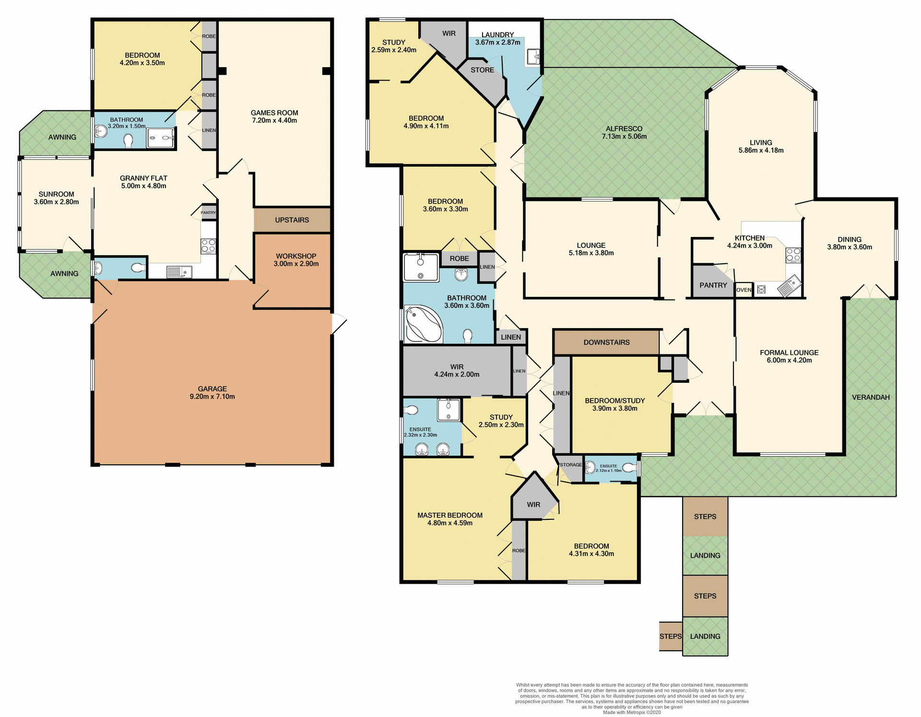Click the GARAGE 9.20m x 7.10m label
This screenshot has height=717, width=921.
[212, 392]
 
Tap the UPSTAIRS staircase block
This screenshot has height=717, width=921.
[292, 220]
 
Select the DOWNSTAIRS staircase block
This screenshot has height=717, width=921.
[606, 342]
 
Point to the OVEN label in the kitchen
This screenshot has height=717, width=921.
[744, 290]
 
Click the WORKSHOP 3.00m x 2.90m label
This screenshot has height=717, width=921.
[296, 259]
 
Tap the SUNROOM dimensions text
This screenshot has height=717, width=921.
[56, 202]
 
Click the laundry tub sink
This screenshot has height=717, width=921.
[533, 57]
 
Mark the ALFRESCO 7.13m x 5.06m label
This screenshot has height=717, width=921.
[624, 132]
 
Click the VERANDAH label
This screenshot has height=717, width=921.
[870, 397]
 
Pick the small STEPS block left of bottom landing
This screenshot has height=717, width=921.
[670, 636]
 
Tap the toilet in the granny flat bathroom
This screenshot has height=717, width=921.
[129, 141]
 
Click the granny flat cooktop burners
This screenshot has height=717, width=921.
[208, 246]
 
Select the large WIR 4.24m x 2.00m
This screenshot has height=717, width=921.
[456, 370]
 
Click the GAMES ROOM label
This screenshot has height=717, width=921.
[274, 117]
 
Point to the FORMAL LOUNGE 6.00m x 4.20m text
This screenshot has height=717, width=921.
[789, 356]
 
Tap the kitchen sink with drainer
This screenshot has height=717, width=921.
[789, 286]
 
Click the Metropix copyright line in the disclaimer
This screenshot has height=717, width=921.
[632, 712]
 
